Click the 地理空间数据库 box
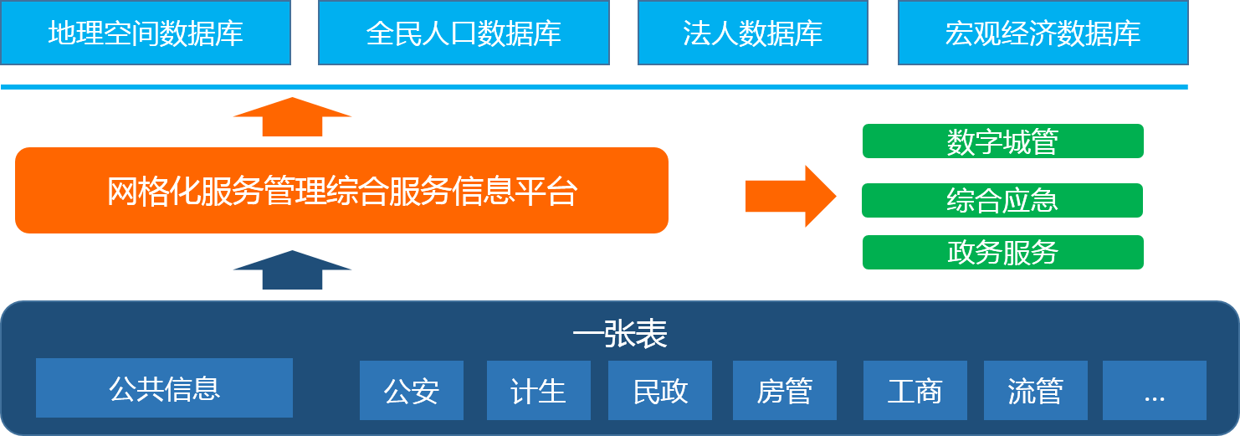coord(146,33)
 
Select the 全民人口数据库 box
coord(464,33)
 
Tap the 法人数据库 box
coord(752,33)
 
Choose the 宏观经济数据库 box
coord(1043,33)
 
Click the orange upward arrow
coord(292,117)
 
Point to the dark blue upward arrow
coord(292,271)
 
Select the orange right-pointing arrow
coord(791,196)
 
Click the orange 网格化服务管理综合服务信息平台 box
coord(341,191)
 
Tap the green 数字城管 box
coord(1002,141)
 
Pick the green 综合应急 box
coord(1002,200)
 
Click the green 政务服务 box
coord(1002,252)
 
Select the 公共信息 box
coord(164,387)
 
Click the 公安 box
coord(412,390)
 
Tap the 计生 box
coord(538,390)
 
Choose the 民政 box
coord(660,390)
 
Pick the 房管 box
coord(785,390)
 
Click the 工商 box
coord(915,390)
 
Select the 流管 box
coord(1035,390)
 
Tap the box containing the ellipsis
coord(1154,390)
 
